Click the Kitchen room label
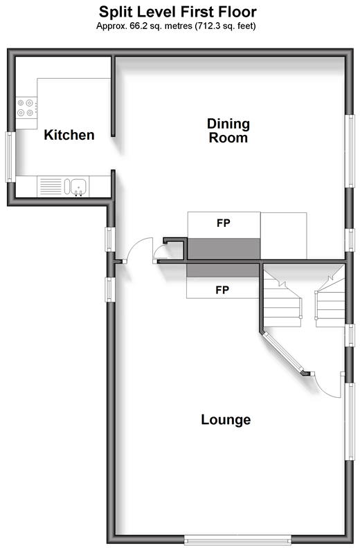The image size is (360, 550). tap(69, 135)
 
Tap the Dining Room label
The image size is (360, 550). tap(228, 131)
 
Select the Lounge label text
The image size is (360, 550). tap(226, 419)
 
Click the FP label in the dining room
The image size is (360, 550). tap(224, 223)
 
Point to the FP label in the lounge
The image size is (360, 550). tap(222, 290)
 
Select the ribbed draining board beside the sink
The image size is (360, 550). tap(51, 187)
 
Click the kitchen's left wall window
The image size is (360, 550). tap(9, 157)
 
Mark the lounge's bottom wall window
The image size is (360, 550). tap(238, 539)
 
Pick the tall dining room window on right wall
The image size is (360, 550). tap(350, 151)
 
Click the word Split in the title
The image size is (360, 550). tap(114, 12)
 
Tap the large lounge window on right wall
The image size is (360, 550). tap(350, 421)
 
